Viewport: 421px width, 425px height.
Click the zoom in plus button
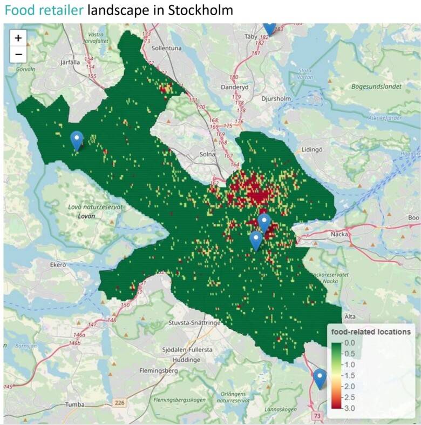18,38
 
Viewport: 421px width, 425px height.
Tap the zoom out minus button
18,54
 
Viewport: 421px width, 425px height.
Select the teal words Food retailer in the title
44,10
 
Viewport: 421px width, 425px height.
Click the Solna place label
208,154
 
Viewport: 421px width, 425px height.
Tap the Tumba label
75,404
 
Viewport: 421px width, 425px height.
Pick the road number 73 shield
317,415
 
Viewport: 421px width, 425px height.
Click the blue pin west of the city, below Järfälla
77,140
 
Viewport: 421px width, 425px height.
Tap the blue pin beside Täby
269,28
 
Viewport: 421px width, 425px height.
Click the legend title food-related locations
371,331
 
